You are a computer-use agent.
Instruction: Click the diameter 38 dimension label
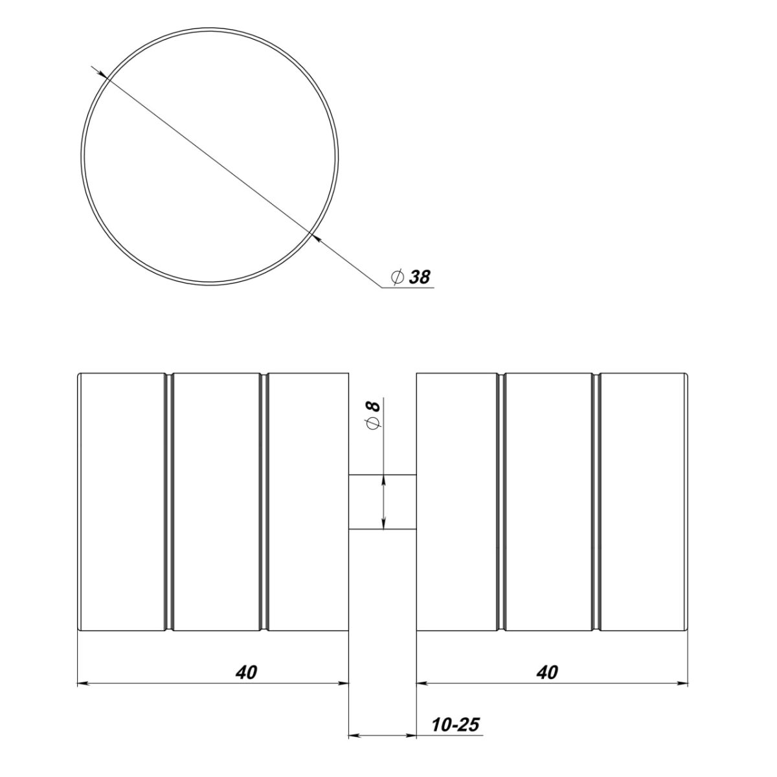(411, 276)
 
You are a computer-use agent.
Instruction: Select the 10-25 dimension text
(455, 725)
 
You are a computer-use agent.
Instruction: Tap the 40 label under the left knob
(246, 672)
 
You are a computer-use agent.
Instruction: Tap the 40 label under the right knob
(548, 672)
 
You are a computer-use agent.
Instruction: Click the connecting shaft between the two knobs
(382, 502)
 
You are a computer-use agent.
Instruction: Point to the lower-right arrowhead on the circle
(316, 238)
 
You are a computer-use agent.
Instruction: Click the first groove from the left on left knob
(169, 501)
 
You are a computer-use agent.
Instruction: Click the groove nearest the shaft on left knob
(264, 501)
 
